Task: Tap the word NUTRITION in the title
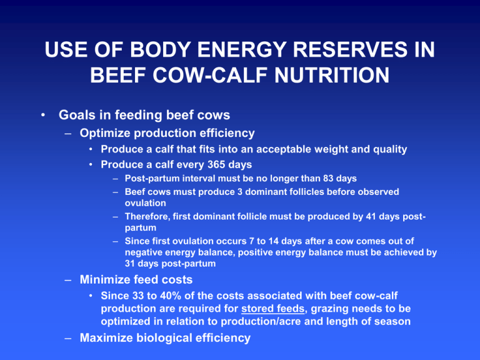(332, 75)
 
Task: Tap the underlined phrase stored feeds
(273, 309)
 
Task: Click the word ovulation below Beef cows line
(146, 203)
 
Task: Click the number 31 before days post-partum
(130, 264)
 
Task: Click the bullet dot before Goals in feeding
(43, 115)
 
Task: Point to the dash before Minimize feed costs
(68, 280)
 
